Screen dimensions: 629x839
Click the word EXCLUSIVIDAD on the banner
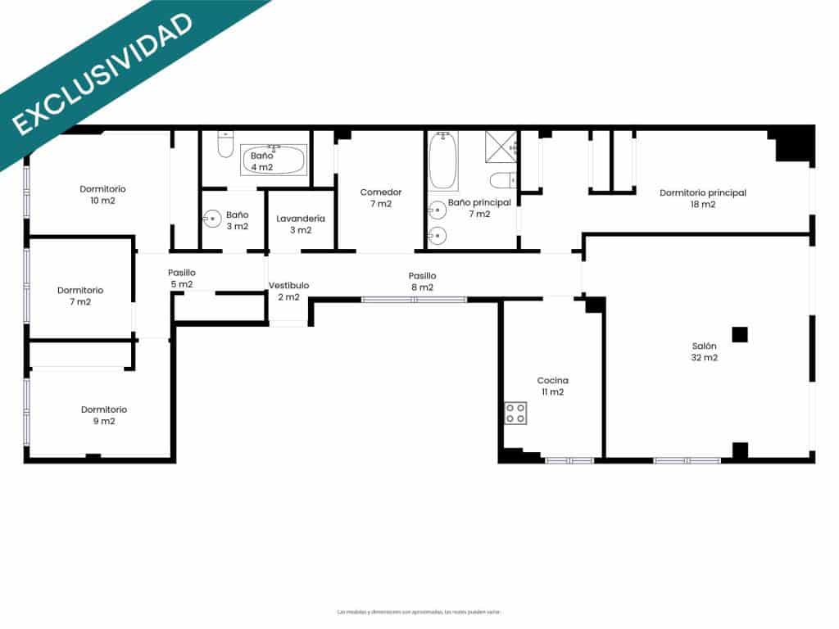102,72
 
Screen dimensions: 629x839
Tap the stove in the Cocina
515,413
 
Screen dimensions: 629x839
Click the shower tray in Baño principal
501,147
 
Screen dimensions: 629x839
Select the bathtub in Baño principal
443,161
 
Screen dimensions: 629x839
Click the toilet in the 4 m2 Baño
225,145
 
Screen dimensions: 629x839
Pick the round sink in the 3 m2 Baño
211,219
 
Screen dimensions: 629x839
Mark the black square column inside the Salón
740,334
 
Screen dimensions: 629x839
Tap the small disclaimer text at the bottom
419,612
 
